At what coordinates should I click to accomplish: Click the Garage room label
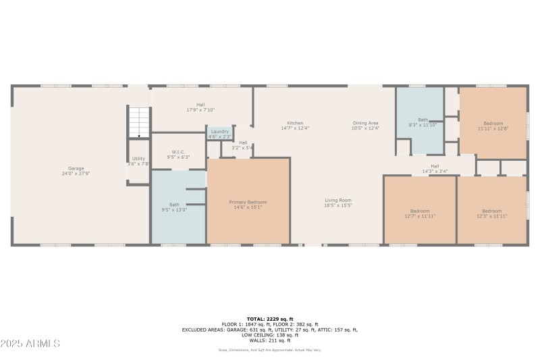76,170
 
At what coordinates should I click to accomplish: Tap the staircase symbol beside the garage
138,122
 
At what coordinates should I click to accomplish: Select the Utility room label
138,161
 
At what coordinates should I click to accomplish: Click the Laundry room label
220,133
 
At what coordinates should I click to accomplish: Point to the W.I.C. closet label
178,154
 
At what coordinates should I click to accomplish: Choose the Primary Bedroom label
248,205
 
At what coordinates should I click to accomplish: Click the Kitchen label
294,125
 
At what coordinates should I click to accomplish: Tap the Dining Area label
366,125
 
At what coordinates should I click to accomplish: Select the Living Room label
338,202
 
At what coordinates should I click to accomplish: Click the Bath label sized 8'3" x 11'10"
423,122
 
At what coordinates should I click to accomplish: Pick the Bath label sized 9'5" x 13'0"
174,207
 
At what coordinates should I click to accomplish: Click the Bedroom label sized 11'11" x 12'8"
493,125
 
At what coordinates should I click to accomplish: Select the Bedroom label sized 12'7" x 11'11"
420,213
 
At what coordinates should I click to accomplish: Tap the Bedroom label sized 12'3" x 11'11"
491,213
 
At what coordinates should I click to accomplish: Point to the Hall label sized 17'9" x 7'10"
200,107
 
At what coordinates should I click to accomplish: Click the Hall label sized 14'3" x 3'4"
435,168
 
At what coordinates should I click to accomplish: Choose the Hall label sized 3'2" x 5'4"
243,145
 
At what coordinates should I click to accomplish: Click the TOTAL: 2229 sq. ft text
270,319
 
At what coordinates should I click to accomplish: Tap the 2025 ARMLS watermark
30,343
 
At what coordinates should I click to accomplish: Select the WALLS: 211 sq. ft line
270,340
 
